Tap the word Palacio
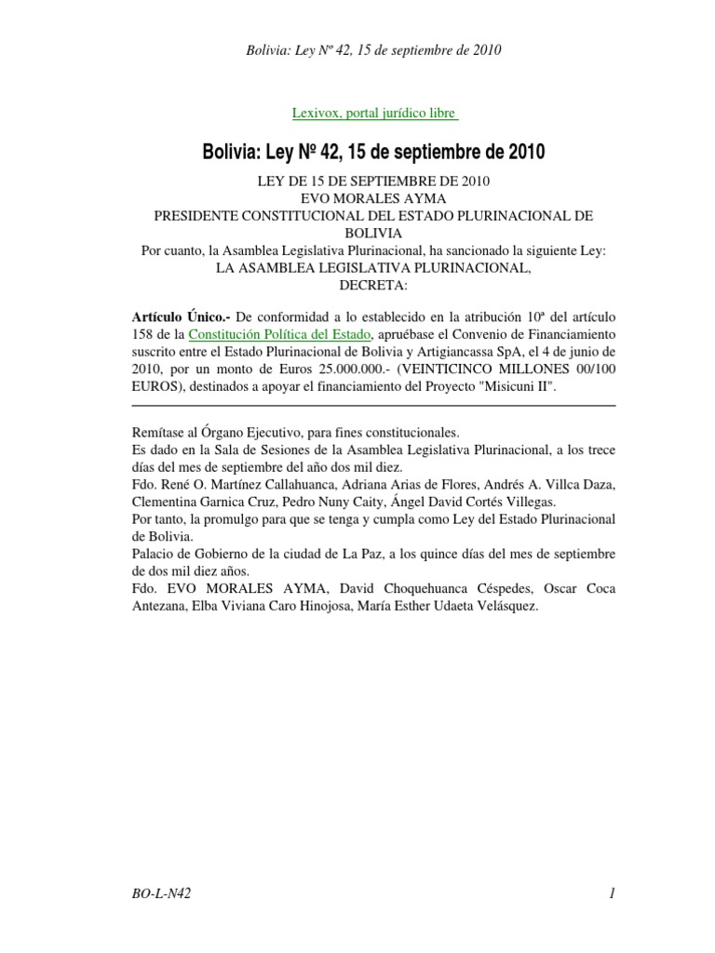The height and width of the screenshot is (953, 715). point(152,555)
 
